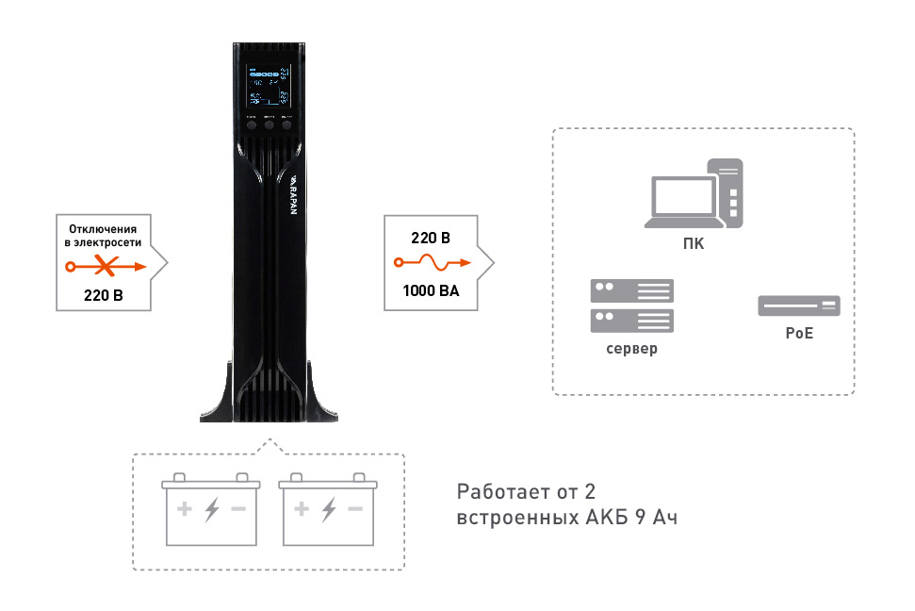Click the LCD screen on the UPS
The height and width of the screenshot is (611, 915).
pyautogui.click(x=269, y=87)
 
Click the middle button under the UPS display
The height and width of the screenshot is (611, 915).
pyautogui.click(x=269, y=124)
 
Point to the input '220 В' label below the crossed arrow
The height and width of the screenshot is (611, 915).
pyautogui.click(x=104, y=296)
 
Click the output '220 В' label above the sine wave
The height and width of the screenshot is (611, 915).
pyautogui.click(x=430, y=237)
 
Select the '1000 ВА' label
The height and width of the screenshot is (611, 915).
pyautogui.click(x=430, y=290)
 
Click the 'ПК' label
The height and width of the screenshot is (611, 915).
pyautogui.click(x=694, y=245)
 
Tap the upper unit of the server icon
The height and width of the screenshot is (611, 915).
pyautogui.click(x=631, y=290)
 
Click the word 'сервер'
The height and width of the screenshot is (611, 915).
pyautogui.click(x=631, y=348)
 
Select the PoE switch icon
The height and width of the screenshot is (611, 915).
pyautogui.click(x=798, y=305)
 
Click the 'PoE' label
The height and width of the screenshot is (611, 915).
pyautogui.click(x=798, y=334)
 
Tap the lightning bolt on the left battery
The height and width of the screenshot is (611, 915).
pyautogui.click(x=212, y=510)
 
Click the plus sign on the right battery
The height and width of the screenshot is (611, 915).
pyautogui.click(x=302, y=509)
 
